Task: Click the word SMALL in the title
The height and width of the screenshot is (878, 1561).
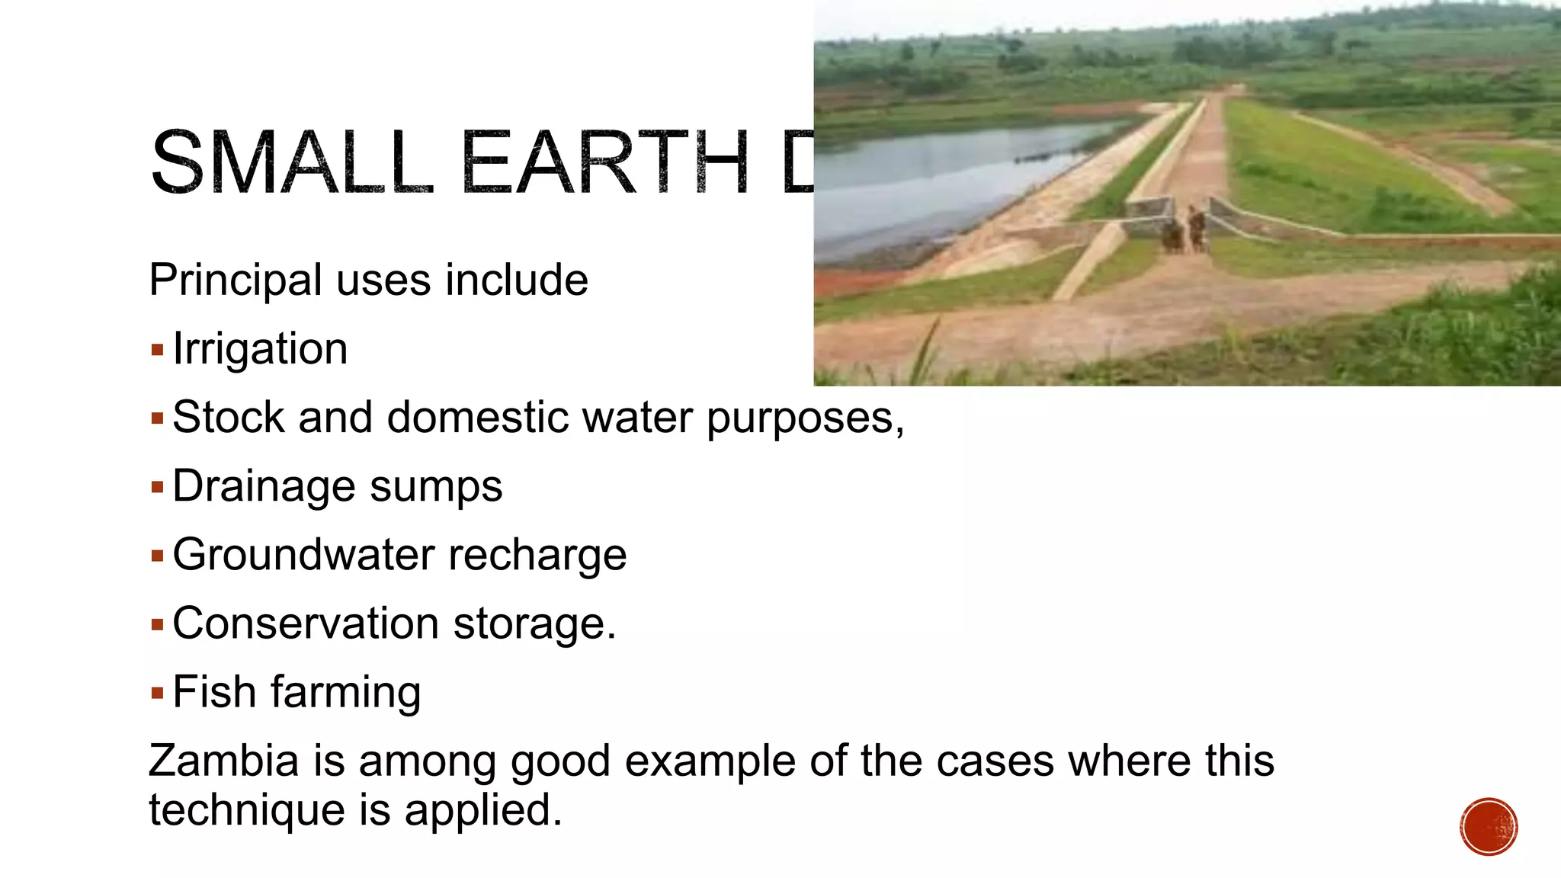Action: pos(292,163)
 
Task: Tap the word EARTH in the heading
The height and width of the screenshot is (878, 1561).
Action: pos(606,163)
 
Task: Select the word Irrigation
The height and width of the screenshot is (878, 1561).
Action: pos(260,349)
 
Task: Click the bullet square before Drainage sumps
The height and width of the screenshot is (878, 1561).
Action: pos(158,487)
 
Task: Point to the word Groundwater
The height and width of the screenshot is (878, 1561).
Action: pos(304,555)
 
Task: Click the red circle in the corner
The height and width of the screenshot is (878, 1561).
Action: pos(1489,827)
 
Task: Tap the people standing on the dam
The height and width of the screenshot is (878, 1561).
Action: pos(1184,231)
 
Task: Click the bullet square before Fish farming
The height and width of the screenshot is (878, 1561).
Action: pos(158,693)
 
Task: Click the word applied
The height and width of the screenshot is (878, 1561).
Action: pos(482,811)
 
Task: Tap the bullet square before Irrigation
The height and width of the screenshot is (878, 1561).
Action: pos(158,351)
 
